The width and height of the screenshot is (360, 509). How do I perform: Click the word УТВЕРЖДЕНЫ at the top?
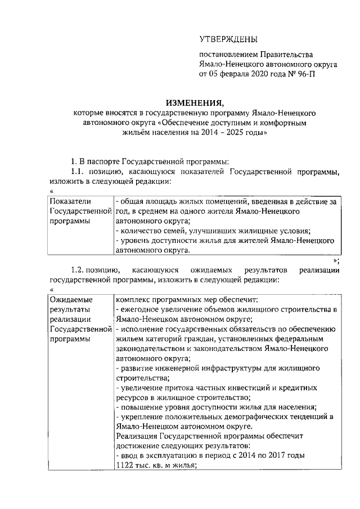229,39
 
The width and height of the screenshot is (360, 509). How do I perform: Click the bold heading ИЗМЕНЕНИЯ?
194,102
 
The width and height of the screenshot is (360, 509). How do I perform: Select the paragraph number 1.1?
78,171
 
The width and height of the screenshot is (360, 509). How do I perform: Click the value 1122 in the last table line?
125,465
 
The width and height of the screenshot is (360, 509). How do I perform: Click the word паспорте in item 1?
107,161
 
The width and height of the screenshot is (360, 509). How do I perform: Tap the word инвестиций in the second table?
248,388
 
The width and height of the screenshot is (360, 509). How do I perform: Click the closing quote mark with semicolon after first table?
336,260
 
